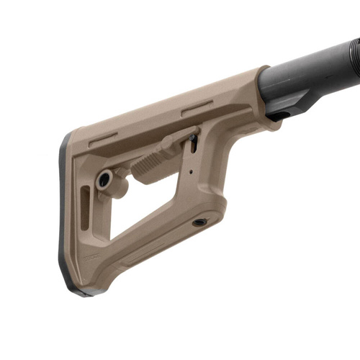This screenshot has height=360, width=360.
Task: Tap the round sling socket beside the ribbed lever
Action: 104,179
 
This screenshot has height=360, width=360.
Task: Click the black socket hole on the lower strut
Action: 199,222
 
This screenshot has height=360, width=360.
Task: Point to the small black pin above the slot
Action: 192,138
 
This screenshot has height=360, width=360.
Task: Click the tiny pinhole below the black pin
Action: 191,172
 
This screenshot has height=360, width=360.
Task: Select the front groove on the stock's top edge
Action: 197,108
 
